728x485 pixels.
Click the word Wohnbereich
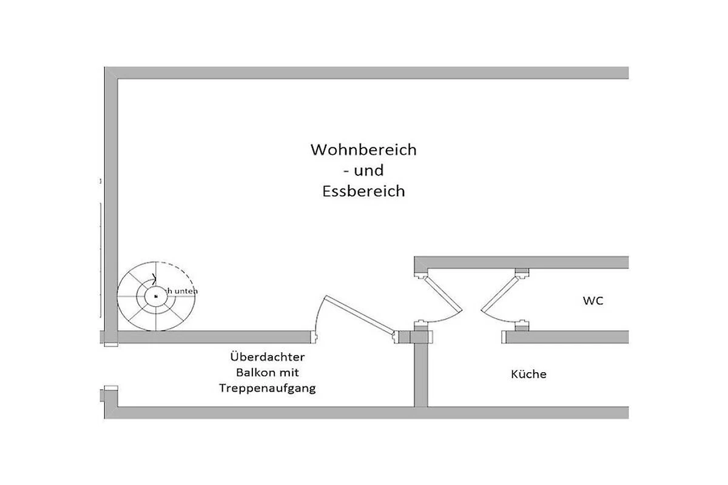(363, 150)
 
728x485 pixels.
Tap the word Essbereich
(363, 192)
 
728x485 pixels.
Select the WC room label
(593, 301)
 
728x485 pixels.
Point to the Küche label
(528, 374)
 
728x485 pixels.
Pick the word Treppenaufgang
(267, 388)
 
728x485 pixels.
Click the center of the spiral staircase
(156, 296)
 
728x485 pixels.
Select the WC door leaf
(500, 295)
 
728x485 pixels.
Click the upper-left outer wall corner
(110, 73)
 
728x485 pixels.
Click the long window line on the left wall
(100, 261)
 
